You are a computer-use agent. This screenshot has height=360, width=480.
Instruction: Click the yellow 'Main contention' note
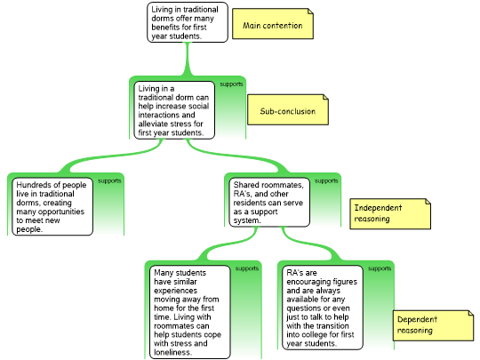(273, 24)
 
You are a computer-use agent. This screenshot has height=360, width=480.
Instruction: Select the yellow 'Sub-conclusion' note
(288, 109)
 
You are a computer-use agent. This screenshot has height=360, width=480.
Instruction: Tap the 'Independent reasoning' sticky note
(390, 213)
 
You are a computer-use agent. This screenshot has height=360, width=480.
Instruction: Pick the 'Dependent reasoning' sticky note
(434, 325)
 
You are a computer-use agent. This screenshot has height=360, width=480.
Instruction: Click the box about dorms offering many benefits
(188, 22)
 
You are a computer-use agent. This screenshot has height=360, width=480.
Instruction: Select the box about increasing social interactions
(174, 110)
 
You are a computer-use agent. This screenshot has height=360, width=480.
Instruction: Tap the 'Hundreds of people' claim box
(52, 206)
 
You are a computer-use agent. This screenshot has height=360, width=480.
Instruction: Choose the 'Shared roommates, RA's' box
(269, 203)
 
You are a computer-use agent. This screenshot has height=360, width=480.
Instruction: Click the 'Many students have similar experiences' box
(190, 312)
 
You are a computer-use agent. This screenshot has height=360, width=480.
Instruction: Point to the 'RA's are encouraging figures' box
(323, 308)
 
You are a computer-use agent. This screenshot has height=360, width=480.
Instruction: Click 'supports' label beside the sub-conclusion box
(231, 84)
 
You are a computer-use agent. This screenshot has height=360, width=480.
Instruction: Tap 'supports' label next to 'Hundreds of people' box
(109, 180)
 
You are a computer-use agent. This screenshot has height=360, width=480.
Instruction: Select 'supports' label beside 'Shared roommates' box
(326, 180)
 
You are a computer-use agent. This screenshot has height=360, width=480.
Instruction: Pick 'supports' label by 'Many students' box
(247, 268)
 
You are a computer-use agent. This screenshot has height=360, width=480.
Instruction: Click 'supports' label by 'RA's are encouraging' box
(380, 268)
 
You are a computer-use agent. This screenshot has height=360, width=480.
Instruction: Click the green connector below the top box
(188, 59)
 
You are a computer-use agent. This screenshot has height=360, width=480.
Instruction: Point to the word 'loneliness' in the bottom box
(172, 352)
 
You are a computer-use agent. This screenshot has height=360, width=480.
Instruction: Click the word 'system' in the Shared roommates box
(246, 220)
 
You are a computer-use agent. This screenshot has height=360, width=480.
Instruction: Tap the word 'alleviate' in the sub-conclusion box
(153, 124)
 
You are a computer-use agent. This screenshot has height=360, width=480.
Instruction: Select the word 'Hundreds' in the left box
(31, 185)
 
